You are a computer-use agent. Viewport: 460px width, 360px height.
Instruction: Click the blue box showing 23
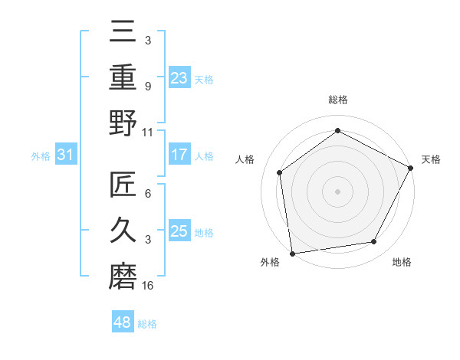pyautogui.click(x=179, y=77)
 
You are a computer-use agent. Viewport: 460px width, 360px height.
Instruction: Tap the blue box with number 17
pyautogui.click(x=179, y=155)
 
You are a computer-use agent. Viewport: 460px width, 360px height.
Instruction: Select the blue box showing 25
pyautogui.click(x=179, y=231)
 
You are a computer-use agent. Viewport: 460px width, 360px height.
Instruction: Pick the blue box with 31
pyautogui.click(x=66, y=155)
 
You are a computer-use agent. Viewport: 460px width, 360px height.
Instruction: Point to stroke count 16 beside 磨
pyautogui.click(x=148, y=286)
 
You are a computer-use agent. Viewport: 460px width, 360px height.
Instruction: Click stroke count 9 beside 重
pyautogui.click(x=148, y=87)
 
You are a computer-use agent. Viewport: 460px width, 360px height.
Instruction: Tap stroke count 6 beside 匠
pyautogui.click(x=148, y=194)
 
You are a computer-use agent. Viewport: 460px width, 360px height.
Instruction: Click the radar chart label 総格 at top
pyautogui.click(x=337, y=100)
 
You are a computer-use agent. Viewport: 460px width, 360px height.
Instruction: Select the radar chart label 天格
pyautogui.click(x=431, y=159)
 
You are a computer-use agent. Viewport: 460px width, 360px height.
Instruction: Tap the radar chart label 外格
pyautogui.click(x=270, y=262)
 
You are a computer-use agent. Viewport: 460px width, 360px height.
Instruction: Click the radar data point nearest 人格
pyautogui.click(x=280, y=172)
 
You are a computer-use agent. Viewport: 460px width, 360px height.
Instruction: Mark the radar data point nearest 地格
pyautogui.click(x=374, y=241)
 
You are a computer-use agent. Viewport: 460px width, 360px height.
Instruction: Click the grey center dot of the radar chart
pyautogui.click(x=337, y=191)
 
